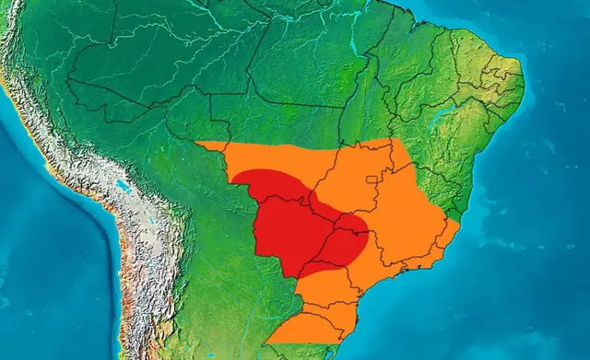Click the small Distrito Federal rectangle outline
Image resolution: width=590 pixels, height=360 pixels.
[x=373, y=180]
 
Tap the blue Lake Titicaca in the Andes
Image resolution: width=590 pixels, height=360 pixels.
[x=123, y=186]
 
